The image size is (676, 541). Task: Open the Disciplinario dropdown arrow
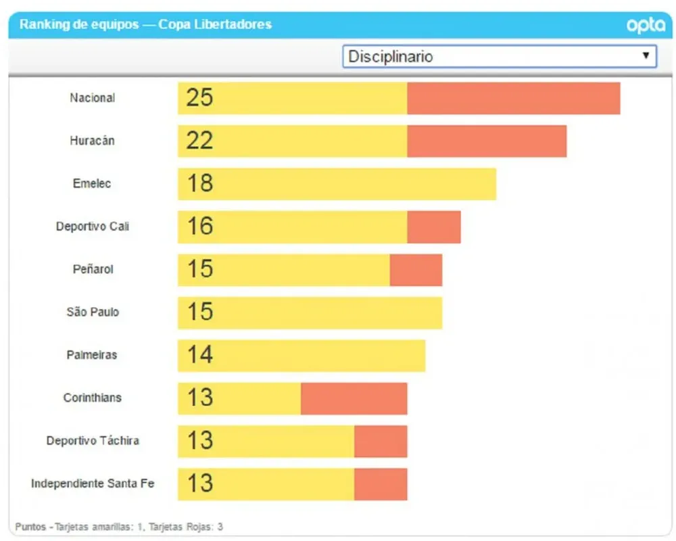tap(646, 55)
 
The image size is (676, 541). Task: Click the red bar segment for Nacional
tap(513, 98)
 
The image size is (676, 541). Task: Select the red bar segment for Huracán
tap(487, 141)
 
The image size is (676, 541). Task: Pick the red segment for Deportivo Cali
tap(433, 227)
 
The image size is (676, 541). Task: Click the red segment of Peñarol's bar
tap(416, 270)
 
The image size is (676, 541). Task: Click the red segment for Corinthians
tap(354, 398)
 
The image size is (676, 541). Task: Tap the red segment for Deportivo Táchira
tap(381, 441)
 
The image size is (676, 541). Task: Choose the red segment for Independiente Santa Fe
tap(381, 484)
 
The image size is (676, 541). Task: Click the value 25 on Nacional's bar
tap(199, 98)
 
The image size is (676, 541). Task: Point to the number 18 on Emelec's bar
tap(199, 184)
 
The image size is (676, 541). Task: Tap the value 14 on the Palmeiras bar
tap(199, 355)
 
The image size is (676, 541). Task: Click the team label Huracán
tap(92, 141)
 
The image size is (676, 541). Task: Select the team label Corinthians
tap(93, 398)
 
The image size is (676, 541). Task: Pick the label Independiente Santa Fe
tap(93, 484)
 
